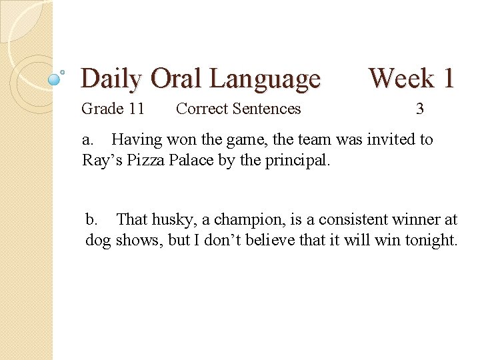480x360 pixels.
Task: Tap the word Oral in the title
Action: coord(179,79)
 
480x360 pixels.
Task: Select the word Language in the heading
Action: coord(265,79)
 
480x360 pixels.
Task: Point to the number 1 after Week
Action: coord(446,78)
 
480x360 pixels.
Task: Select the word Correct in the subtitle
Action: coord(201,109)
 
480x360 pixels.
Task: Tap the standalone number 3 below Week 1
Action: coord(419,109)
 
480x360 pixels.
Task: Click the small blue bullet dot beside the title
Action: coord(55,79)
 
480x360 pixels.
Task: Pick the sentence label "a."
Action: coord(88,139)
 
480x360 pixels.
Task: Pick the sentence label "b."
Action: coord(92,219)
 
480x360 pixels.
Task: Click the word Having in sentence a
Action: coord(136,139)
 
